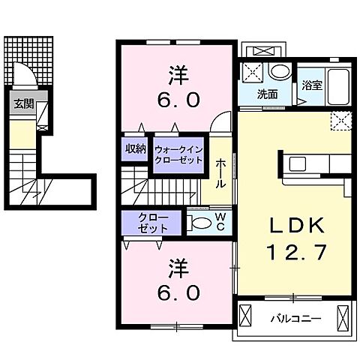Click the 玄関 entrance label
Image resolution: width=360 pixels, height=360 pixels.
coord(22,104)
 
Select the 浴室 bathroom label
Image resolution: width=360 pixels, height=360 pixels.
coord(312,85)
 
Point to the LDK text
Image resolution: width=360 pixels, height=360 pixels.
coord(295,225)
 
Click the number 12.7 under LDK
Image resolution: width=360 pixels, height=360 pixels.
coord(295,253)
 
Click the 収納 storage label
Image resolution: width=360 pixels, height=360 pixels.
coord(136,147)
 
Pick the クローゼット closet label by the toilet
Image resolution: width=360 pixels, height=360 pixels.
coord(154,223)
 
